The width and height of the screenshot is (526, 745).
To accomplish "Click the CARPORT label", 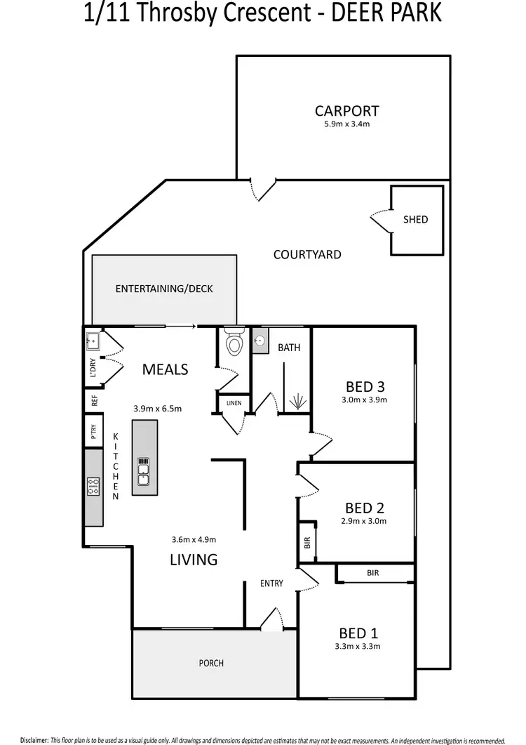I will [346, 111].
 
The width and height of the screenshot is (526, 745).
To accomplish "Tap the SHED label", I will [415, 219].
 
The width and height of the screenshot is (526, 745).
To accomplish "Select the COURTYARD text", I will [307, 254].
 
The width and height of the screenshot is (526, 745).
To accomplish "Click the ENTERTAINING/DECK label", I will [164, 289].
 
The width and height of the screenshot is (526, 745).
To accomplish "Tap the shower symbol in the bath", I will [299, 401].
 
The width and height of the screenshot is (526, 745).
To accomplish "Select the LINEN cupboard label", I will [231, 403].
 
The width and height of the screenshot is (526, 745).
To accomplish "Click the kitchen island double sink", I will [144, 471].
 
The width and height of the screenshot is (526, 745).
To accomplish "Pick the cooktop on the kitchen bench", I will [93, 487].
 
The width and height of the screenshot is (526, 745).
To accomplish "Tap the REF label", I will [93, 401].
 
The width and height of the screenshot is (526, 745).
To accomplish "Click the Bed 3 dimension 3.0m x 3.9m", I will [365, 400].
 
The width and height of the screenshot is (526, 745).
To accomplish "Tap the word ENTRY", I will [271, 584].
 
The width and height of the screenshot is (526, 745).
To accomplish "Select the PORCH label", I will [211, 663].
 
